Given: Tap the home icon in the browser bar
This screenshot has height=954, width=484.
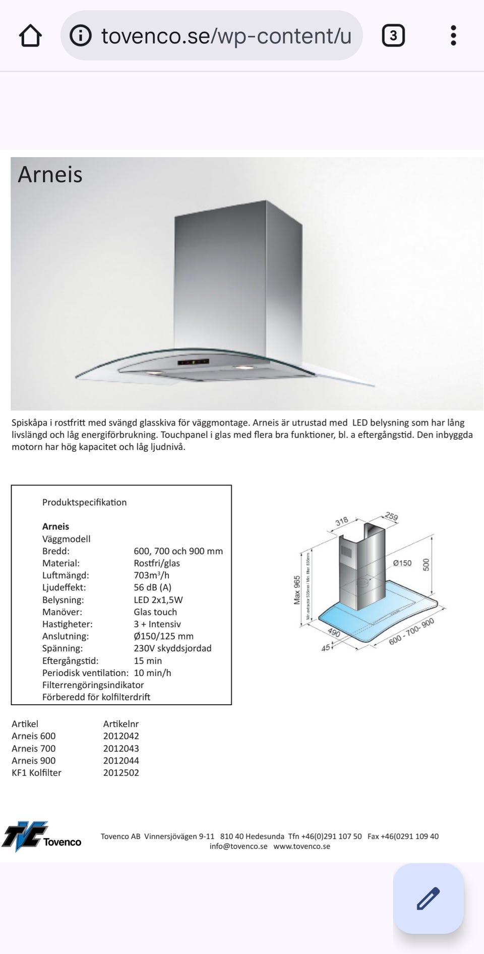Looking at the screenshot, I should tap(30, 36).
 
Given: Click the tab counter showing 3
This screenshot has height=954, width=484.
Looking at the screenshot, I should tap(393, 36).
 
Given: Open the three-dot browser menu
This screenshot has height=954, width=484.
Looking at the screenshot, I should tap(453, 36).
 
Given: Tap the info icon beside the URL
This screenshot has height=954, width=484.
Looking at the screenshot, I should tap(81, 36).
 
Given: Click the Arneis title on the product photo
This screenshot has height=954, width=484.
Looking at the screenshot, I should tap(50, 174).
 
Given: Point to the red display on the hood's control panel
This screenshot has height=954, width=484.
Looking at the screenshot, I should tap(193, 362).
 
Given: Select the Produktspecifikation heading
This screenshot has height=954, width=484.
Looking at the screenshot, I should tap(84, 502).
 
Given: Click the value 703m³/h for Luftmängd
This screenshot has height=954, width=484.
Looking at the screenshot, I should tap(151, 575).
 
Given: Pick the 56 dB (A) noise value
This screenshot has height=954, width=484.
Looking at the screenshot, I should tap(152, 587).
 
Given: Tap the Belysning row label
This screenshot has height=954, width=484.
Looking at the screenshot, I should tap(63, 600).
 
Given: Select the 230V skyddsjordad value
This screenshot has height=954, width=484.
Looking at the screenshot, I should tap(172, 648).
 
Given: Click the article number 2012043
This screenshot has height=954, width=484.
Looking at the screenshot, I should tap(121, 748).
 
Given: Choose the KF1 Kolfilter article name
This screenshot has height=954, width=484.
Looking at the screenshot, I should tap(36, 773).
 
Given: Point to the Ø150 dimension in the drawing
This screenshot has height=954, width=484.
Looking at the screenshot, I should tap(402, 563).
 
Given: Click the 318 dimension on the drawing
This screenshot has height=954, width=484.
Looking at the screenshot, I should tap(342, 521).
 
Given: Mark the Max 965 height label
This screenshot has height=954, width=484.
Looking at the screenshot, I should tap(297, 590).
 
